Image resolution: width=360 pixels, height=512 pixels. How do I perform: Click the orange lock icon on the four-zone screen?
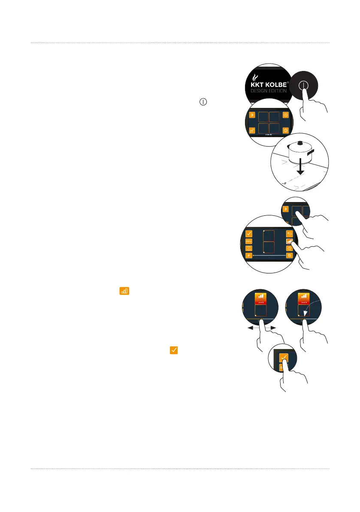pyautogui.click(x=252, y=130)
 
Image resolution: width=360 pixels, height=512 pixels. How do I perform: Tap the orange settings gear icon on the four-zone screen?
pyautogui.click(x=286, y=115)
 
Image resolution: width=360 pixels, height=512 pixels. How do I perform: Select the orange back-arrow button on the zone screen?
pyautogui.click(x=289, y=233)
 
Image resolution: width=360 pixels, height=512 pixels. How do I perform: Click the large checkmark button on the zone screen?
pyautogui.click(x=248, y=233)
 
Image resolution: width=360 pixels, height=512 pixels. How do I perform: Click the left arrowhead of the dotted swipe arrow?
pyautogui.click(x=250, y=328)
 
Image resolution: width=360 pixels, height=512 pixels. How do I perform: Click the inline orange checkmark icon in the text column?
pyautogui.click(x=174, y=350)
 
